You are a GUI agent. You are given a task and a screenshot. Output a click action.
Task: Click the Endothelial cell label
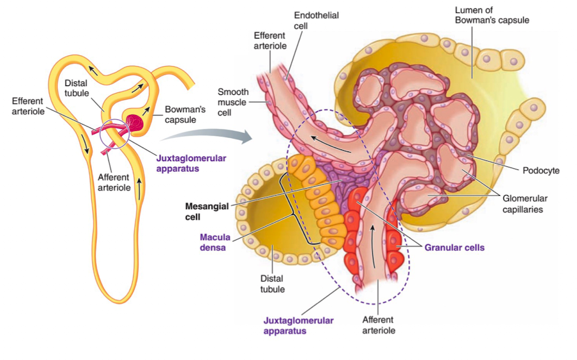[316, 20]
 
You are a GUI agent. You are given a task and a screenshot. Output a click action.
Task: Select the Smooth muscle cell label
[233, 101]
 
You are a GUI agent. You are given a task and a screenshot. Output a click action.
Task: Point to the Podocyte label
[542, 171]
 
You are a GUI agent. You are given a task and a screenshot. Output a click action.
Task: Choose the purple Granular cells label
[454, 247]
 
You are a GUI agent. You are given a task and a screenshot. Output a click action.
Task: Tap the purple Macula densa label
[214, 242]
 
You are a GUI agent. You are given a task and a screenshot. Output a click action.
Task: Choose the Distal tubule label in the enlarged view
[272, 284]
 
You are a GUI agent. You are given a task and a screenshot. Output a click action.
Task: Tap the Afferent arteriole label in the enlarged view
[379, 325]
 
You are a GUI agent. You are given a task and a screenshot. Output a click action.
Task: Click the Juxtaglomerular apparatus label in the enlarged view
[298, 325]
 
